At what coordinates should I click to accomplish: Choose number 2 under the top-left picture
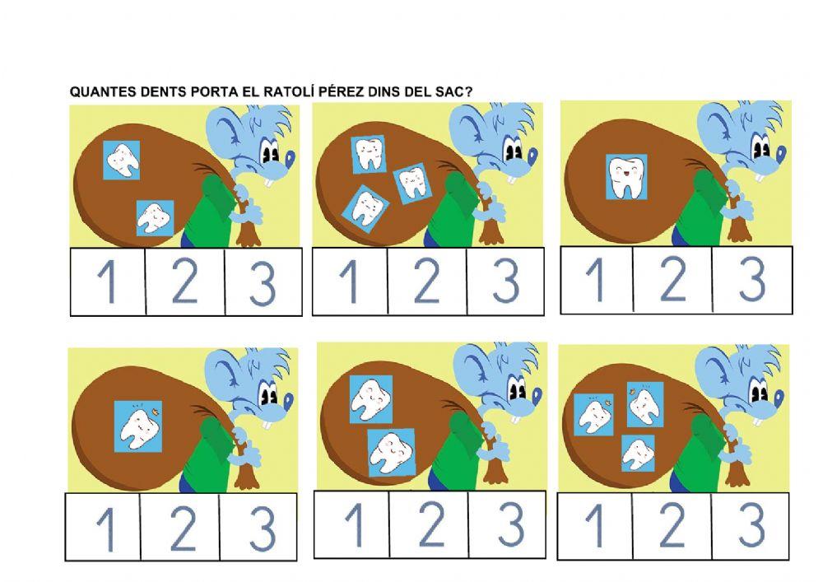pyautogui.click(x=185, y=282)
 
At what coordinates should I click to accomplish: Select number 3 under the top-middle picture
pyautogui.click(x=505, y=281)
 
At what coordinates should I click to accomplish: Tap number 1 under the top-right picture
pyautogui.click(x=594, y=280)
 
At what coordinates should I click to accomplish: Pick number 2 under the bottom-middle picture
pyautogui.click(x=429, y=524)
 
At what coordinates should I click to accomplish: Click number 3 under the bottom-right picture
pyautogui.click(x=751, y=525)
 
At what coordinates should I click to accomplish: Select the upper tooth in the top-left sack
pyautogui.click(x=122, y=160)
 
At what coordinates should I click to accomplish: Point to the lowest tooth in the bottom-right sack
pyautogui.click(x=637, y=454)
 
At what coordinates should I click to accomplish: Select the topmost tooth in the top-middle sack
pyautogui.click(x=369, y=155)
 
